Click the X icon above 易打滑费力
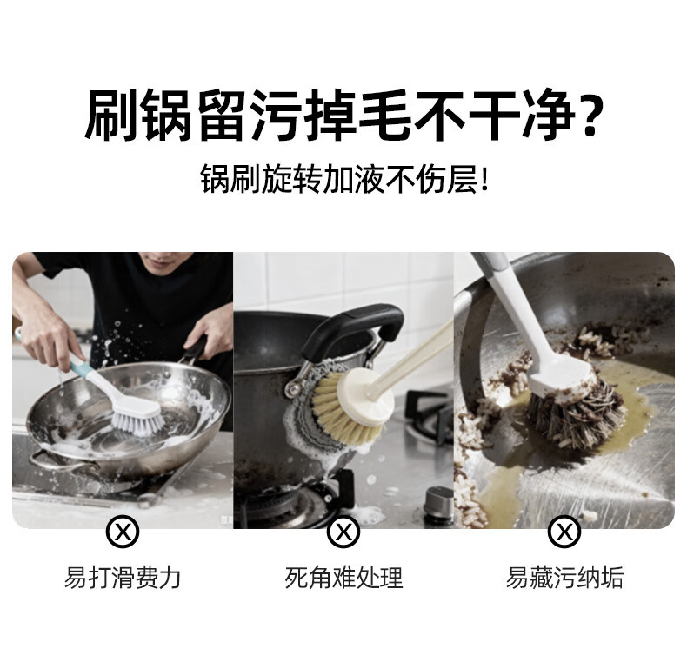(123, 532)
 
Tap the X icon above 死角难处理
(343, 532)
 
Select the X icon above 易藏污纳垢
(564, 532)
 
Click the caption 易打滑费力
(123, 578)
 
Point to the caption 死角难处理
(343, 578)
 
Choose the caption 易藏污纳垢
(564, 578)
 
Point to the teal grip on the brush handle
(83, 367)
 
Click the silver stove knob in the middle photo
(439, 504)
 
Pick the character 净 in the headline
(550, 115)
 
